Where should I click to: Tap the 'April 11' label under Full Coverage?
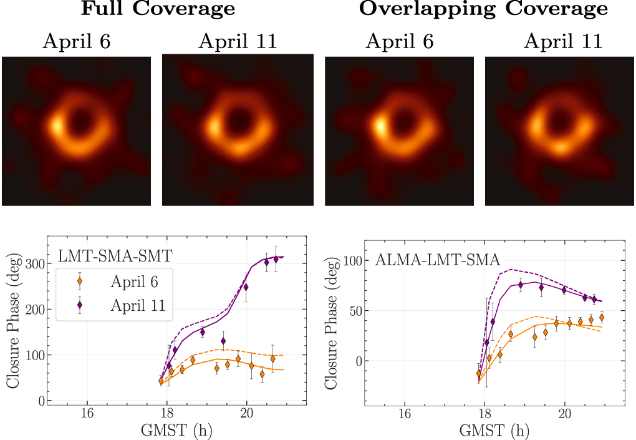(238, 41)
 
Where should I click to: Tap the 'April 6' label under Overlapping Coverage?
(399, 41)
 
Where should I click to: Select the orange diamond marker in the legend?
(79, 281)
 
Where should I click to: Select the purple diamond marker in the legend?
(79, 306)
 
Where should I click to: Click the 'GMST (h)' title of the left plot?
(176, 430)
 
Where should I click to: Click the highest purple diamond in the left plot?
(276, 259)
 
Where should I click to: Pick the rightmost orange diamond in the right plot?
(601, 318)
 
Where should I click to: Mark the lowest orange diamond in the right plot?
(479, 373)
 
